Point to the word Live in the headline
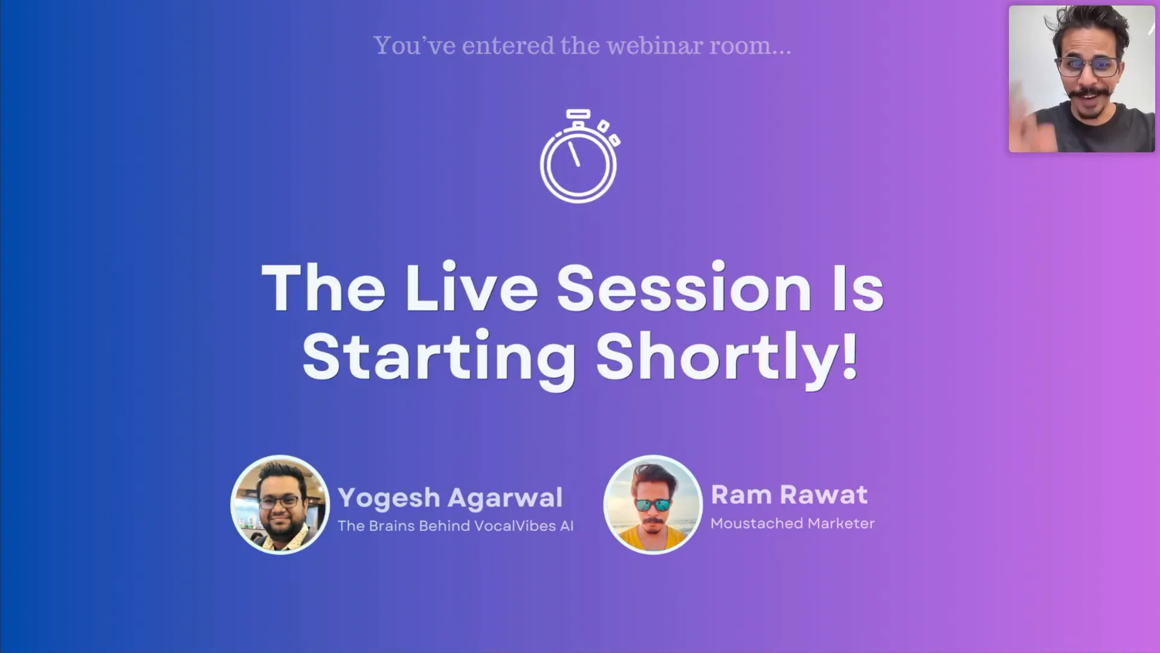click(471, 288)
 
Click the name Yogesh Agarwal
click(450, 498)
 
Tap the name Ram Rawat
click(789, 495)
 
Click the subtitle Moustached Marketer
click(792, 524)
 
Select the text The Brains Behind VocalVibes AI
click(456, 526)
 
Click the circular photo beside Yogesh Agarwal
click(280, 505)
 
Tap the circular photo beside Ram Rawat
click(653, 505)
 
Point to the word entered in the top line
click(507, 46)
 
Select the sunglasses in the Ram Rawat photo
click(652, 505)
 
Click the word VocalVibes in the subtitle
click(515, 526)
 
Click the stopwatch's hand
click(574, 154)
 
